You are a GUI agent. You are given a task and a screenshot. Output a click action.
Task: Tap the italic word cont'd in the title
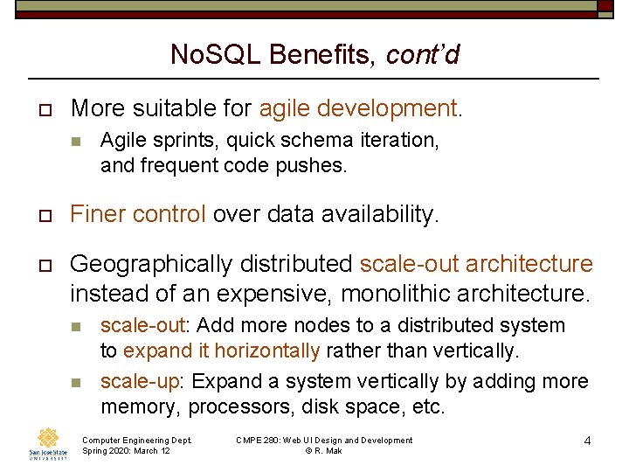[x=422, y=55]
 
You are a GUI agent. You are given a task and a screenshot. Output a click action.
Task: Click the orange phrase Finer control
[x=138, y=214]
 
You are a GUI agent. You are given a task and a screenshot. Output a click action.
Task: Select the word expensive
[x=271, y=292]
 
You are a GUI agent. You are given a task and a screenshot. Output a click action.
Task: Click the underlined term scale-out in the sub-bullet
[x=142, y=325]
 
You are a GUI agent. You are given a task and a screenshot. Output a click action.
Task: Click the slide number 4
[x=588, y=441]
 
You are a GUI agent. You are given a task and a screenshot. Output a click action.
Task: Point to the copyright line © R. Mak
[x=323, y=451]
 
